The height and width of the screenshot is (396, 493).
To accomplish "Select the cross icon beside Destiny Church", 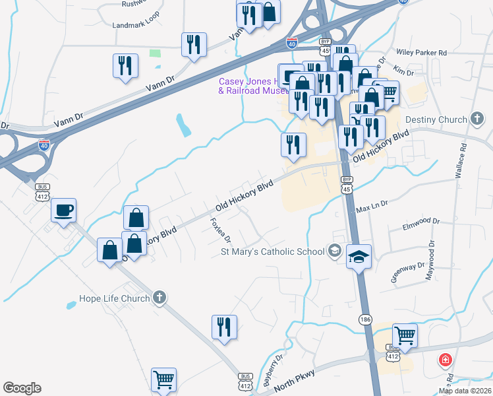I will (477, 119).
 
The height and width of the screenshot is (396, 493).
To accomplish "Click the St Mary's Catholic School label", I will (272, 251).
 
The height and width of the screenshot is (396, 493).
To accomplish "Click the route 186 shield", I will (365, 319).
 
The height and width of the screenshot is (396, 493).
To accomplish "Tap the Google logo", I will (22, 388).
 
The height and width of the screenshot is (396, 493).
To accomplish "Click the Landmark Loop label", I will (136, 25).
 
